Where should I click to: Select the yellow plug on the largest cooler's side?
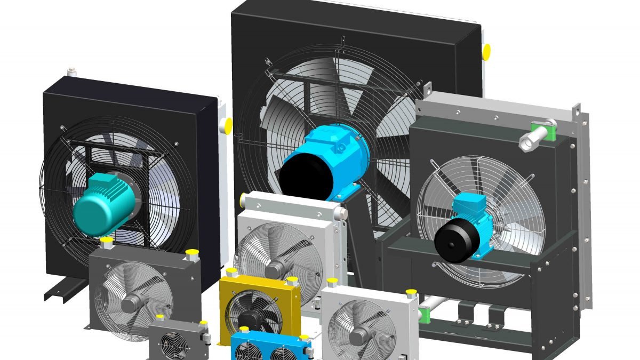click(486, 52)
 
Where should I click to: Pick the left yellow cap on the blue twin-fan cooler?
click(244, 330)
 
